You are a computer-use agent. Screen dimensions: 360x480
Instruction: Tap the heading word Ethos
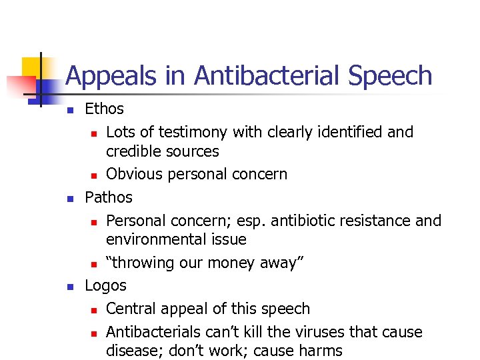click(x=104, y=109)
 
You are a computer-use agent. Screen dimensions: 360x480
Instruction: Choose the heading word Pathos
click(x=109, y=197)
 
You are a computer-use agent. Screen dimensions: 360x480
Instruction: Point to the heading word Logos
click(x=105, y=285)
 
